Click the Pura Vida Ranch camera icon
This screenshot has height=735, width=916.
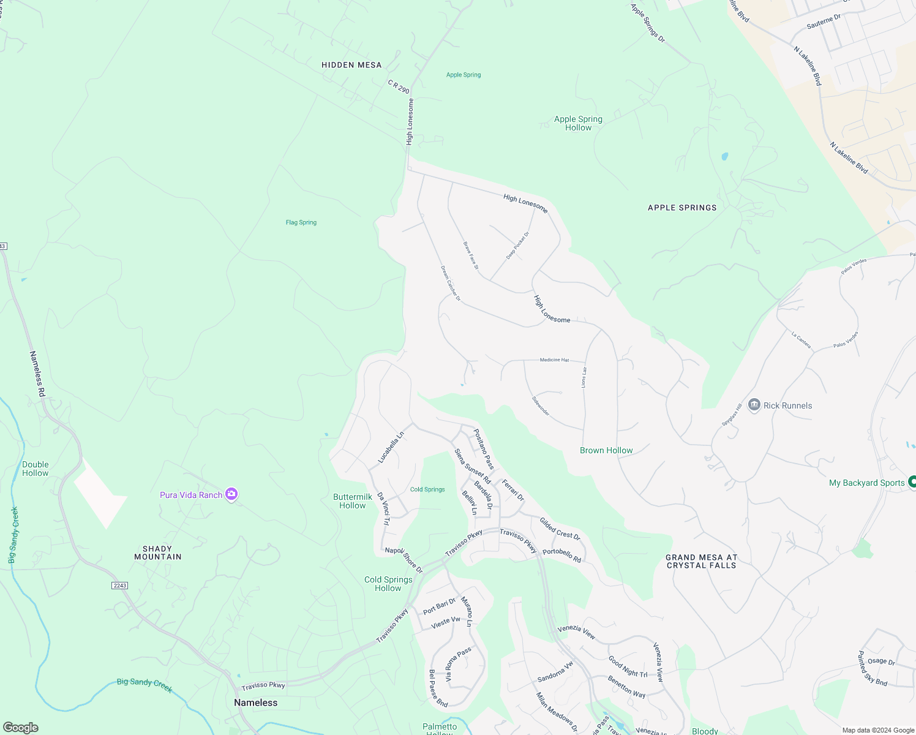tap(231, 494)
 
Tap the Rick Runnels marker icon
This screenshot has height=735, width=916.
tap(754, 405)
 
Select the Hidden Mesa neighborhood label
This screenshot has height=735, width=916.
tap(351, 65)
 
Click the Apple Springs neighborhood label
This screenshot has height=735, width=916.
tap(682, 208)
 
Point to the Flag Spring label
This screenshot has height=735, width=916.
tap(301, 222)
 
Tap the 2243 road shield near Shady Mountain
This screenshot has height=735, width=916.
tap(119, 586)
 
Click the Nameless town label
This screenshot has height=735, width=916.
tap(255, 703)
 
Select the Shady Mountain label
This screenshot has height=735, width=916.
tap(158, 552)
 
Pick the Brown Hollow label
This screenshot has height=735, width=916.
tap(606, 450)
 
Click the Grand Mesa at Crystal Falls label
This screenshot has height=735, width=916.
tap(701, 561)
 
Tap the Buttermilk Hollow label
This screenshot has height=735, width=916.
tap(353, 501)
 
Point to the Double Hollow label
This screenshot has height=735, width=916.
tap(36, 469)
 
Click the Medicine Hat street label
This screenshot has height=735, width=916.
tap(554, 360)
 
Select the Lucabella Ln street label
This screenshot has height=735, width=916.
tap(391, 447)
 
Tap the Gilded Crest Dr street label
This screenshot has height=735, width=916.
tap(560, 528)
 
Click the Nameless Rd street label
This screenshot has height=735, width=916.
tap(37, 374)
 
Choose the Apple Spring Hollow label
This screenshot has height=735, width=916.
tap(578, 123)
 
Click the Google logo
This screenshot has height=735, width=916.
tap(21, 727)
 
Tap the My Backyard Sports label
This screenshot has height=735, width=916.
tap(866, 483)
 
